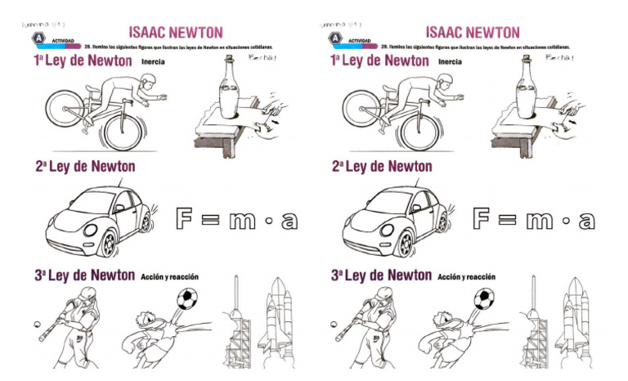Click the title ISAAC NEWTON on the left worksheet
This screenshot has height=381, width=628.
pyautogui.click(x=175, y=32)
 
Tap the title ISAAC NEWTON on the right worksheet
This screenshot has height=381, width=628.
pyautogui.click(x=472, y=32)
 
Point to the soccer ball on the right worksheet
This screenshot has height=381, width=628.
pyautogui.click(x=483, y=299)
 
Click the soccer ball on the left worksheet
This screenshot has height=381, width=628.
pyautogui.click(x=186, y=299)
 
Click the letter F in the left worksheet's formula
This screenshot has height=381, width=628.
pyautogui.click(x=188, y=220)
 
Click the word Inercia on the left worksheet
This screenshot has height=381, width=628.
pyautogui.click(x=153, y=61)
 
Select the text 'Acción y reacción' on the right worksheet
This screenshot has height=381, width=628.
pyautogui.click(x=466, y=277)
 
